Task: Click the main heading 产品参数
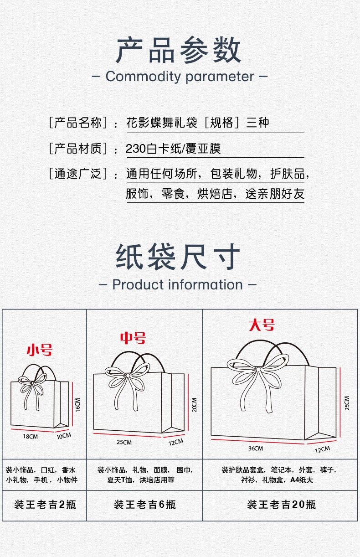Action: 178,50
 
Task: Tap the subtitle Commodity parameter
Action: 180,76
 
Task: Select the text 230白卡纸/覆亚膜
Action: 173,149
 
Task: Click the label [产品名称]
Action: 78,122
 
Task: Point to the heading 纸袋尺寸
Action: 178,257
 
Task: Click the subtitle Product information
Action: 178,284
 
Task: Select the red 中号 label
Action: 133,338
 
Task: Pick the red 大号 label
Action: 262,325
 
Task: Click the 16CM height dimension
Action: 77,405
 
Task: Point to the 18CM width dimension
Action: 31,436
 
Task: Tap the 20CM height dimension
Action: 195,405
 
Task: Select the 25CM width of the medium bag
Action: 124,443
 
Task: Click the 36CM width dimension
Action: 256,449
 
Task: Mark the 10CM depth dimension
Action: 64,436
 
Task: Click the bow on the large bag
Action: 258,383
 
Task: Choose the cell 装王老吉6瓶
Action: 145,505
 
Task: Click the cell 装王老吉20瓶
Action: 281,505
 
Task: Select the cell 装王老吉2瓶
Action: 45,505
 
